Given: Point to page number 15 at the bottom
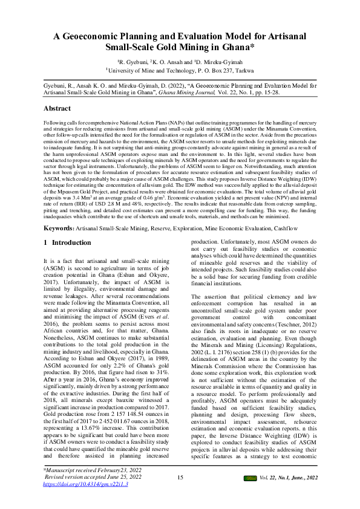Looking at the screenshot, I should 180,478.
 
